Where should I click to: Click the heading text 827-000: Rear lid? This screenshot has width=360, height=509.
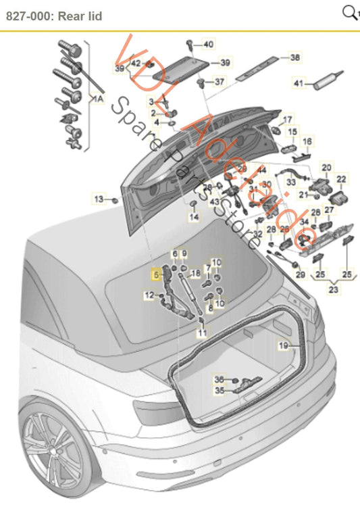pyautogui.click(x=54, y=15)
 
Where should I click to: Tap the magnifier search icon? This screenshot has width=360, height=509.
pyautogui.click(x=350, y=12)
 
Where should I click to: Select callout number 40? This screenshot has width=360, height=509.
pyautogui.click(x=208, y=45)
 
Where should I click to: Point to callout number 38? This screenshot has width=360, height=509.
pyautogui.click(x=294, y=58)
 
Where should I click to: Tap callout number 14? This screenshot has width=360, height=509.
pyautogui.click(x=195, y=217)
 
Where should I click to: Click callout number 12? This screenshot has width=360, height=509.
pyautogui.click(x=148, y=295)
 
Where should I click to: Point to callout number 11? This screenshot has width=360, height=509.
pyautogui.click(x=201, y=333)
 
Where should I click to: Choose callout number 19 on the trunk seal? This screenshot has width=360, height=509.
pyautogui.click(x=284, y=345)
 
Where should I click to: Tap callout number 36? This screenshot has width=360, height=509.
pyautogui.click(x=218, y=379)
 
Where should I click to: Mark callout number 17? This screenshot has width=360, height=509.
pyautogui.click(x=288, y=119)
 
